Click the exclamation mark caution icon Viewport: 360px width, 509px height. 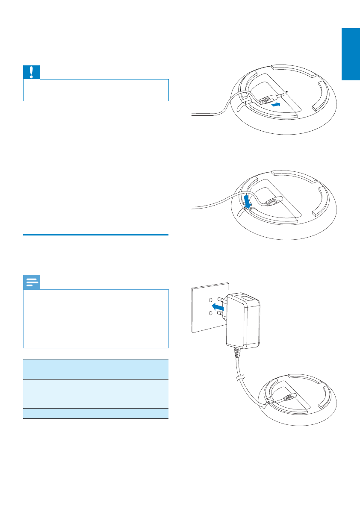tap(32, 72)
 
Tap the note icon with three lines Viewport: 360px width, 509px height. tap(32, 282)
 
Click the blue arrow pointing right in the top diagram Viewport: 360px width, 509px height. tap(277, 104)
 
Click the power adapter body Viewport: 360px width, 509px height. tap(242, 321)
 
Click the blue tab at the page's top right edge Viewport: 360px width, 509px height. tap(350, 54)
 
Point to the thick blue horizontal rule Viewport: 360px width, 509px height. tap(96, 235)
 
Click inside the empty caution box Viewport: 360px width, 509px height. tap(96, 91)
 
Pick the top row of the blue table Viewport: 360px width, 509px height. tap(96, 369)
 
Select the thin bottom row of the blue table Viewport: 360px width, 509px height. tap(96, 414)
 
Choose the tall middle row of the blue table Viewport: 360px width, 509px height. tap(96, 394)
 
